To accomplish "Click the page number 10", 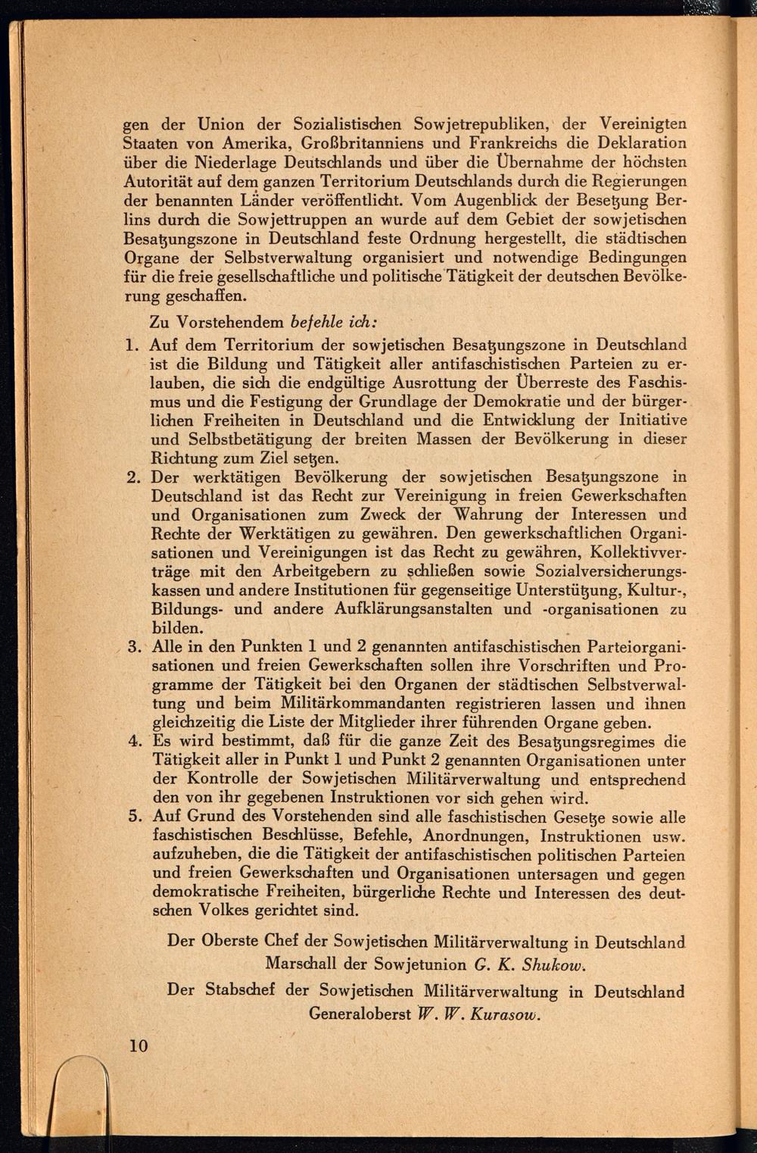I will [x=139, y=1046].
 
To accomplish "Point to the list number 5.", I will [x=134, y=817].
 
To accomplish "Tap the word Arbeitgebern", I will [x=282, y=571].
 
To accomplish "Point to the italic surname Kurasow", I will [x=504, y=1015].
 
